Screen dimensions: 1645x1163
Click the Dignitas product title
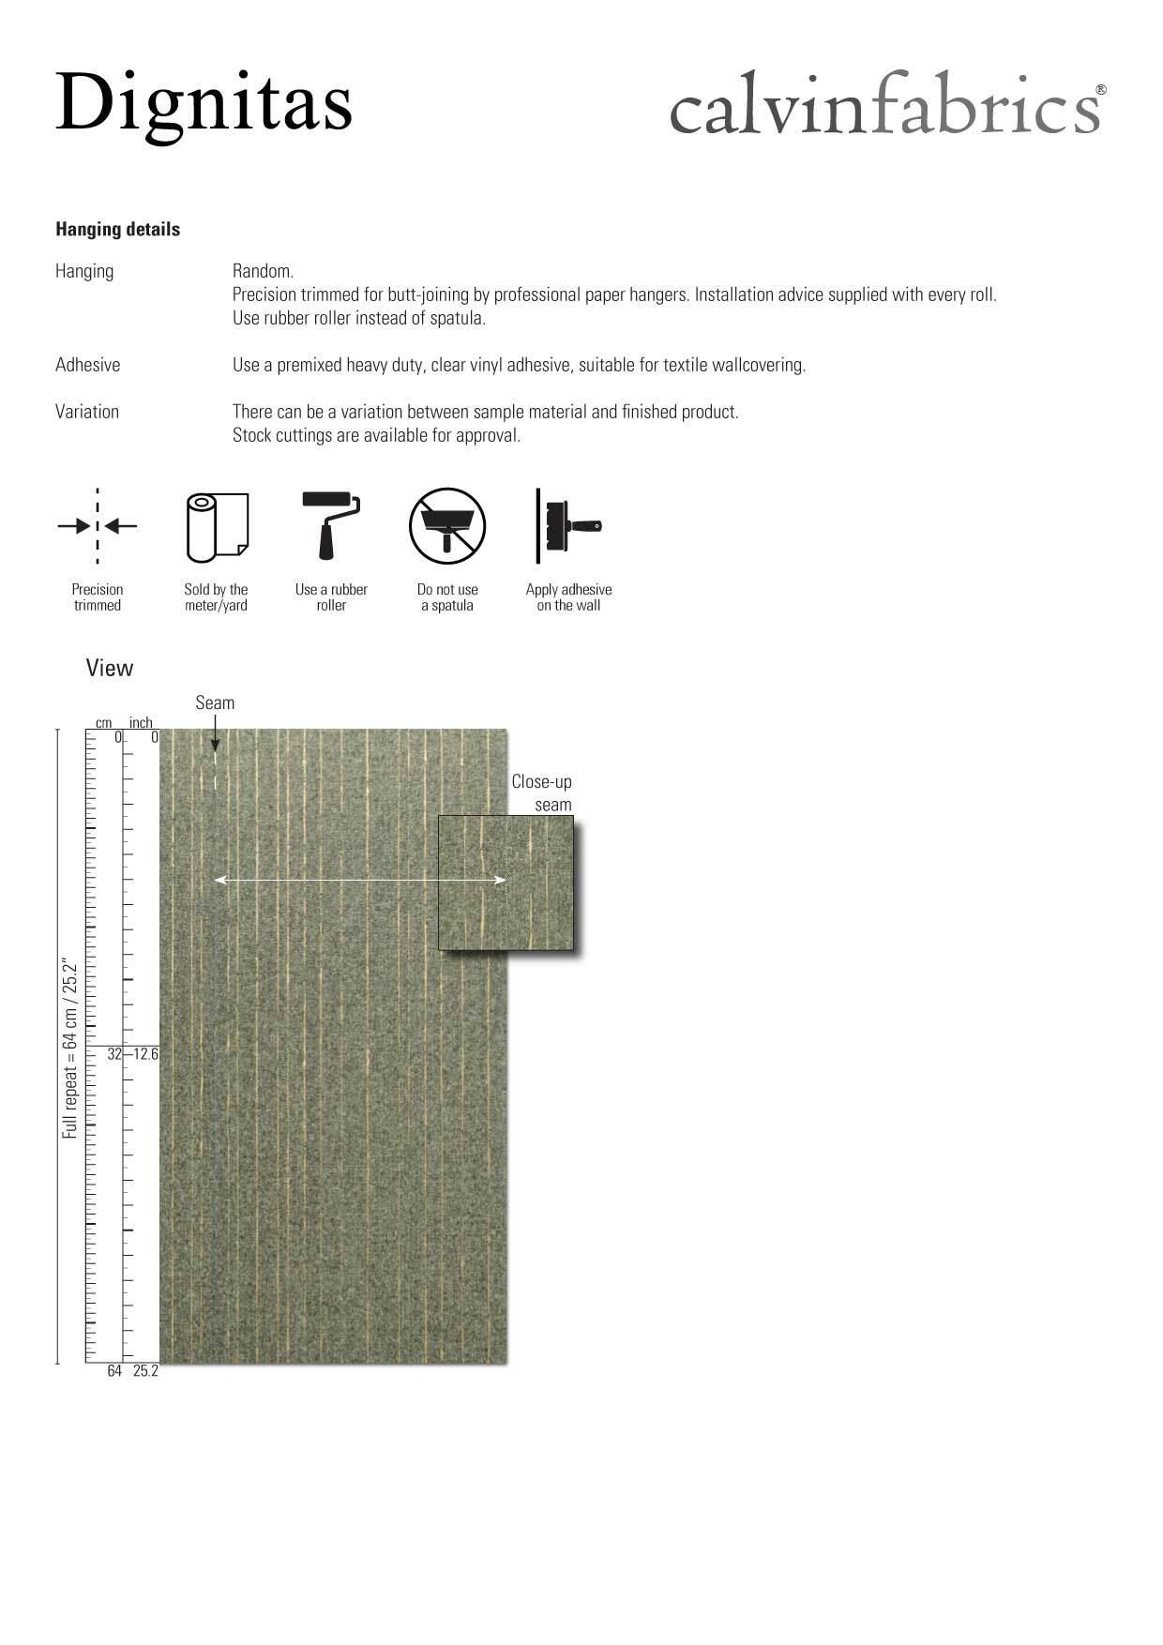204,103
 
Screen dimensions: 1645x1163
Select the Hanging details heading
117,230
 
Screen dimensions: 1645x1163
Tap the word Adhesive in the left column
87,365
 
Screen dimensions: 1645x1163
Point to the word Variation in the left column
87,412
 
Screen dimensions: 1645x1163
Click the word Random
263,271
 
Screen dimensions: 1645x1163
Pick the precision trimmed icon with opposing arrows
98,526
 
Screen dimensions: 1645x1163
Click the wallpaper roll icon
217,527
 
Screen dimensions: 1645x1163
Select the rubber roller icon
331,525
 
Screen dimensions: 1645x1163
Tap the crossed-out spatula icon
447,526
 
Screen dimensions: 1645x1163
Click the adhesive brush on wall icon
568,526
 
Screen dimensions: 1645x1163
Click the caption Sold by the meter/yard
216,597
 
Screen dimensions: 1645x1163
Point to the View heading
110,668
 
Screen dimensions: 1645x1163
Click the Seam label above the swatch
215,702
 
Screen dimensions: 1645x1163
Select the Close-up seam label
542,792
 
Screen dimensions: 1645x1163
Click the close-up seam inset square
506,883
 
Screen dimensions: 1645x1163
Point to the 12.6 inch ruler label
145,1054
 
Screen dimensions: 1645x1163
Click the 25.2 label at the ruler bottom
145,1371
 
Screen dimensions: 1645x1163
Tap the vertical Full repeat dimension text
70,1048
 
